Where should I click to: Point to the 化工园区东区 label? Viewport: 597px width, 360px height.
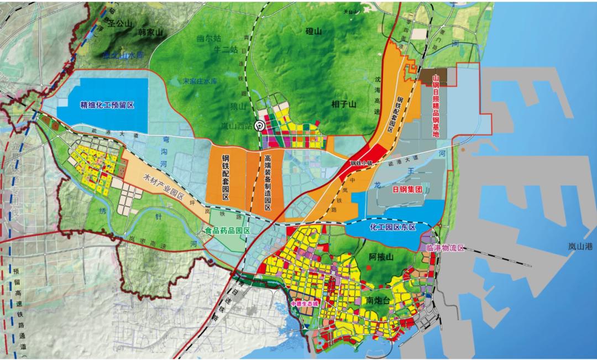[393, 228]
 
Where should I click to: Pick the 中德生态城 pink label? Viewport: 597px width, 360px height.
[304, 304]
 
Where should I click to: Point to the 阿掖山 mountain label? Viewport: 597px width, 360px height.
[380, 257]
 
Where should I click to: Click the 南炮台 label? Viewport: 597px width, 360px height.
[379, 300]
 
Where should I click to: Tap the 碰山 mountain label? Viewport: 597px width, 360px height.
[313, 32]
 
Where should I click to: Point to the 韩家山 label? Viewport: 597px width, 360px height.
[151, 33]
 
